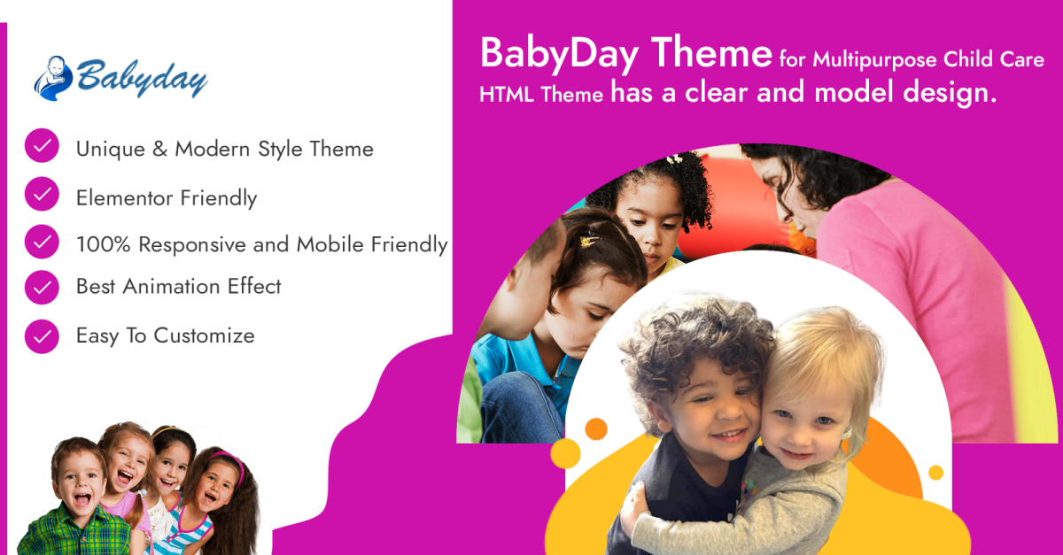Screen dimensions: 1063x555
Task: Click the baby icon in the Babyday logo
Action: pos(53,78)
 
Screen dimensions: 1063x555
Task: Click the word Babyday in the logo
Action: pos(142,78)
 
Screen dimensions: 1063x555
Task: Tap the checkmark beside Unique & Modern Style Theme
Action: pos(42,145)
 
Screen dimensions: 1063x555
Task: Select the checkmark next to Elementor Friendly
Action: pos(42,194)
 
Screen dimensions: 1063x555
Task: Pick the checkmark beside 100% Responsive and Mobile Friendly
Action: pos(42,242)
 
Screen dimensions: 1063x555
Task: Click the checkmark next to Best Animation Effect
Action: pos(42,287)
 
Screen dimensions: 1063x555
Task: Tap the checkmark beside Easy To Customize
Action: pos(42,336)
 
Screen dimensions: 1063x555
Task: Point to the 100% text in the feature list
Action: pos(103,244)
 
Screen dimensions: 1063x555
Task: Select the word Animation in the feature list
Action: pos(171,287)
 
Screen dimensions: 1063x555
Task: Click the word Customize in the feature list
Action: pos(204,335)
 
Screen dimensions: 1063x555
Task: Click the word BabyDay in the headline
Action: pos(560,55)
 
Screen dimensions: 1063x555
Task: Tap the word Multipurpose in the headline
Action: pos(874,60)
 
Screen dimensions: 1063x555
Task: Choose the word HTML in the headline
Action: pos(507,95)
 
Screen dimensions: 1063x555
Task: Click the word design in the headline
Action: pos(950,92)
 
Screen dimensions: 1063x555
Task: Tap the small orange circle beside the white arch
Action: pos(596,429)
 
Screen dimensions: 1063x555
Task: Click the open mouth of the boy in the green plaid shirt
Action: pos(82,499)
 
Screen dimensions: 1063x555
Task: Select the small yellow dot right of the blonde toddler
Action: pos(935,473)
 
